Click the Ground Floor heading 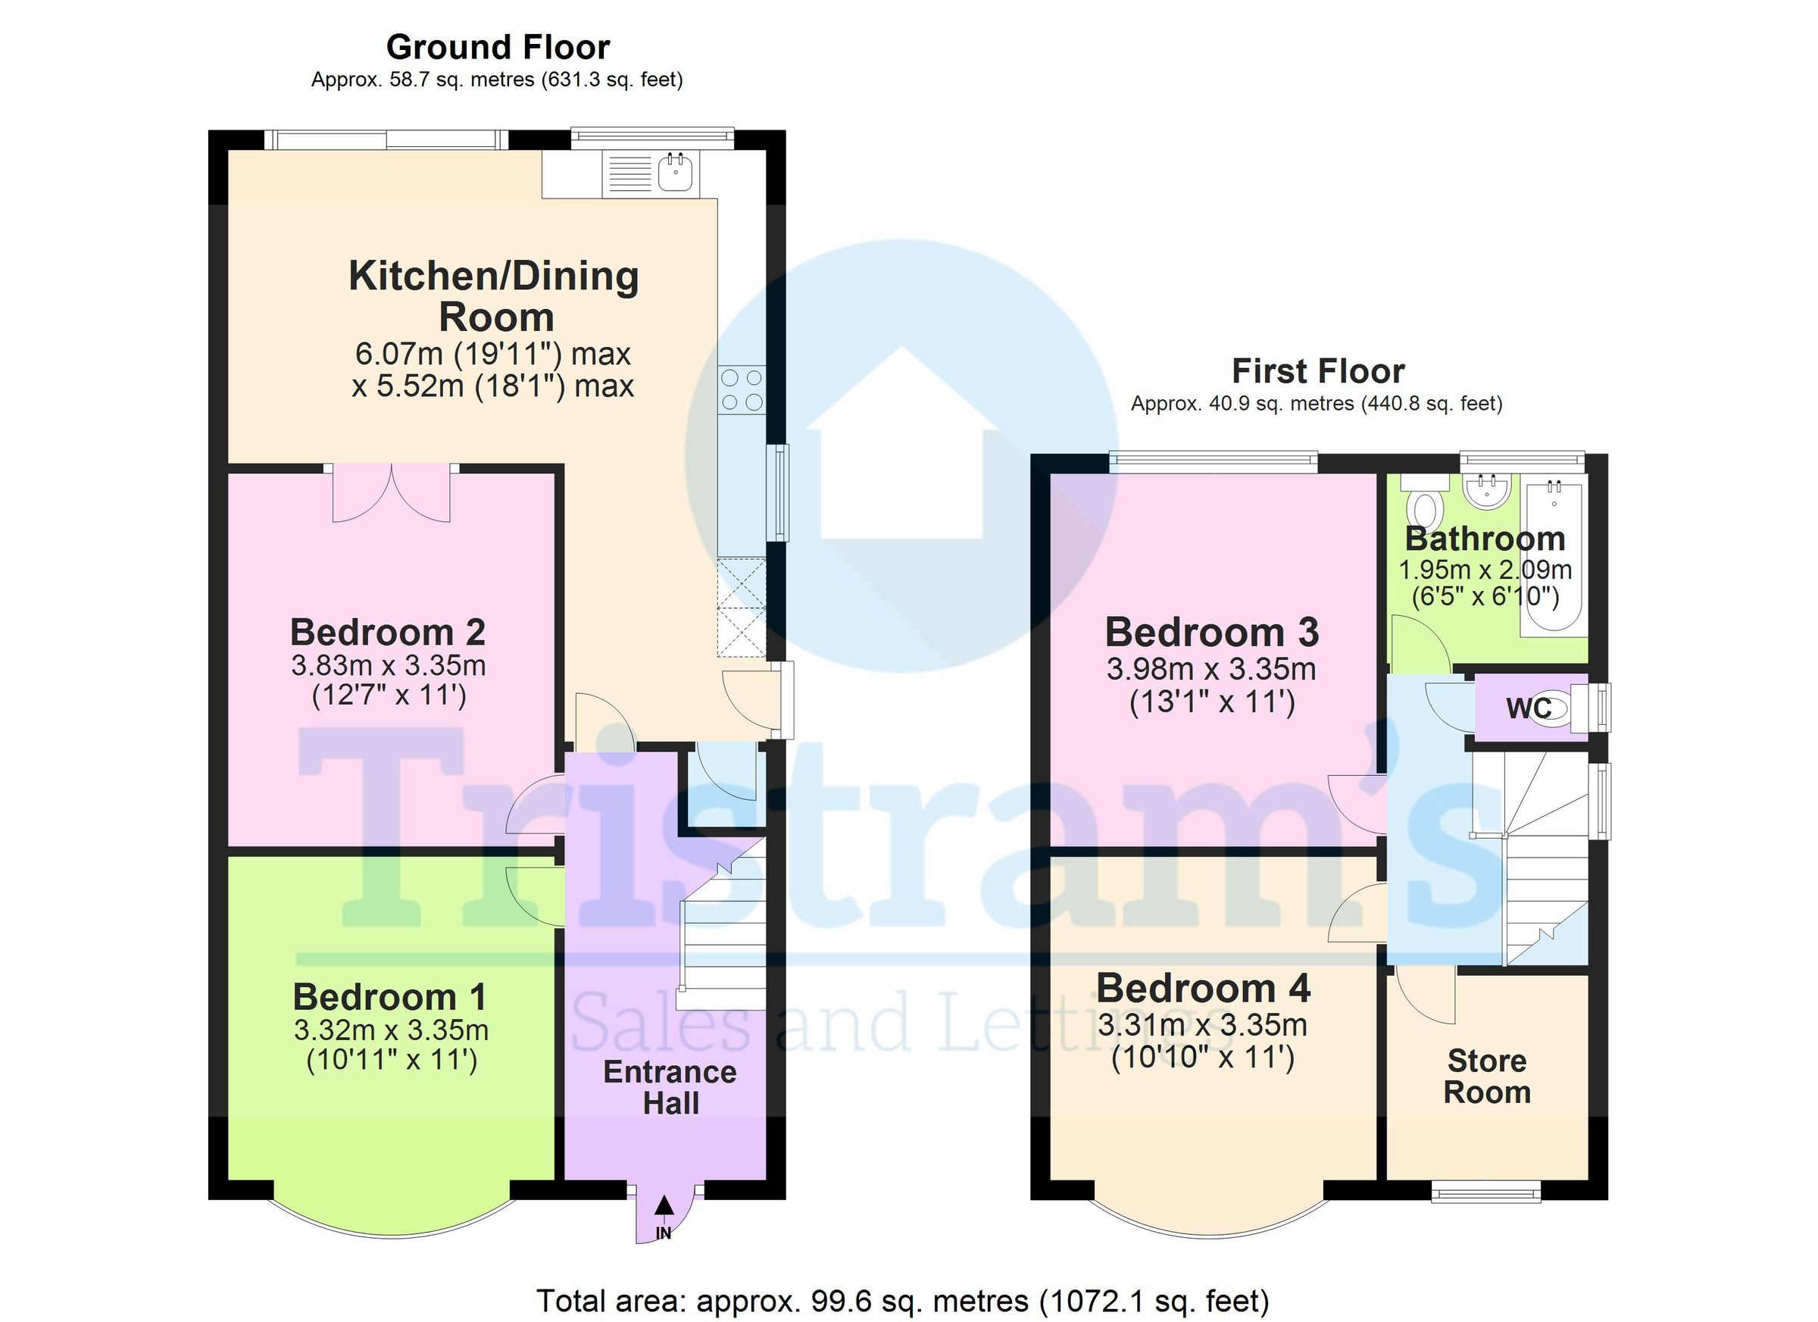498,48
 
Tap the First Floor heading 1318,372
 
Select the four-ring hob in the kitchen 742,389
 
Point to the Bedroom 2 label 388,633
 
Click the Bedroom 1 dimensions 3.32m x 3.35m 391,1030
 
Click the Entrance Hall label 670,1088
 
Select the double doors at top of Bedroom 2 391,494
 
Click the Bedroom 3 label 1211,633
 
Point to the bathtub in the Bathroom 1554,557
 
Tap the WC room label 1528,708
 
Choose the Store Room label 1487,1077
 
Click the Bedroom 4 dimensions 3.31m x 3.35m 1202,1025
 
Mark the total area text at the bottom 901,1300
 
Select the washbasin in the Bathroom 1487,491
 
